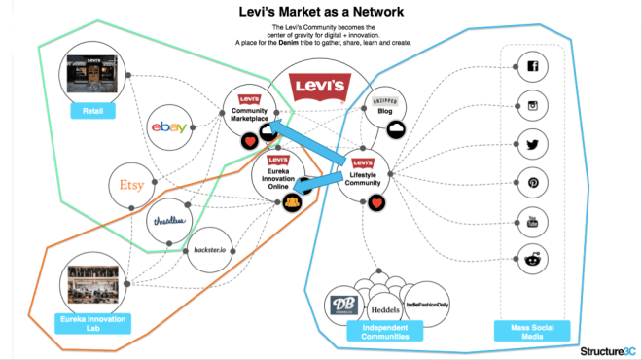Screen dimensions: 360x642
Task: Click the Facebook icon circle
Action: coord(532,67)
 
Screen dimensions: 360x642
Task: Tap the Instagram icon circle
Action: coord(532,105)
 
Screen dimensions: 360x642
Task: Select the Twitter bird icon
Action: coord(532,144)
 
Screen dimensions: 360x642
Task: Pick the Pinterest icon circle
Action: coord(532,183)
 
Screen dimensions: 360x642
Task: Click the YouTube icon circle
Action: coord(532,222)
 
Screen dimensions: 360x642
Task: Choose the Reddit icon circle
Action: coord(532,259)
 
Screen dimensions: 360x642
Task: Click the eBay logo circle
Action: coord(170,127)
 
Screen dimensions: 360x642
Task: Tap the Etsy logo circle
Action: coord(131,184)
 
